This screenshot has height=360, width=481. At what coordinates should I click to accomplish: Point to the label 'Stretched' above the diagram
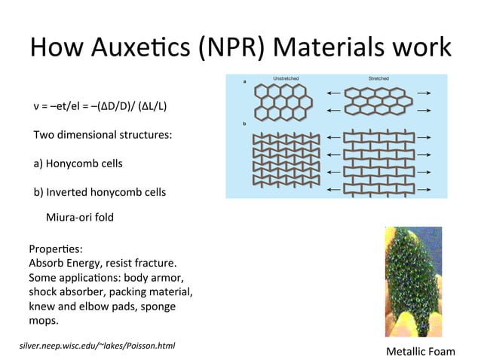click(378, 78)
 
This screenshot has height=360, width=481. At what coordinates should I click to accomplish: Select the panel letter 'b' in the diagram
click(244, 123)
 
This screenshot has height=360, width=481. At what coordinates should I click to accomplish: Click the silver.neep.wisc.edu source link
click(97, 346)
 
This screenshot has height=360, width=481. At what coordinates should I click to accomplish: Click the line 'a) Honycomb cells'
click(78, 163)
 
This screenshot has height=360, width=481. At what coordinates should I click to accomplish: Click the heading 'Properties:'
click(54, 249)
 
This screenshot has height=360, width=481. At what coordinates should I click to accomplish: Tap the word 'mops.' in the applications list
click(43, 321)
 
